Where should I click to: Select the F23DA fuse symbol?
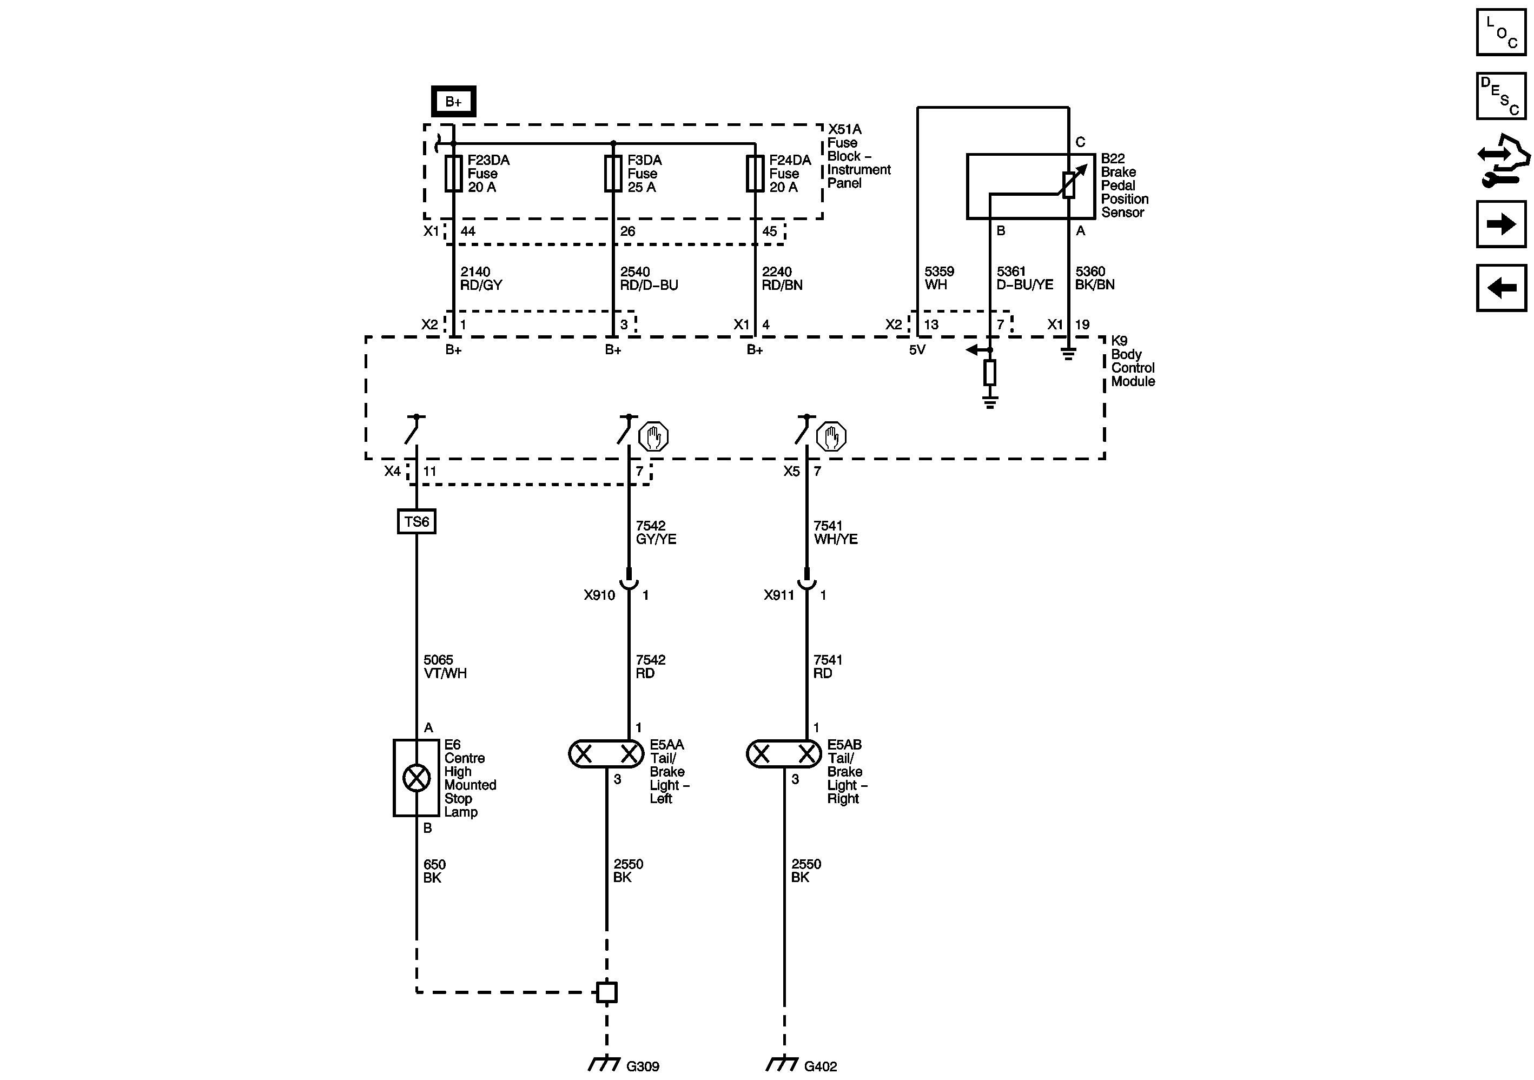click(x=454, y=174)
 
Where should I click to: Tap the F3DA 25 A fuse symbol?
click(x=613, y=174)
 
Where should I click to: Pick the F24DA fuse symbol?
click(x=755, y=174)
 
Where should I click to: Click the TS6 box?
click(x=416, y=521)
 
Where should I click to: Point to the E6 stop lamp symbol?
click(x=416, y=778)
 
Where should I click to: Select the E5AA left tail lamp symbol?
click(x=606, y=754)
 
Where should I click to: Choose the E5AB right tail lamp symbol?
click(x=784, y=754)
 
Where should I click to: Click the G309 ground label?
click(x=643, y=1066)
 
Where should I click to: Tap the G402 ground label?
click(x=821, y=1066)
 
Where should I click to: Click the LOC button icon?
click(x=1501, y=32)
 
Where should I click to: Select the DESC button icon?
click(x=1501, y=96)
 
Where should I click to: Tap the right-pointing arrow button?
click(x=1501, y=224)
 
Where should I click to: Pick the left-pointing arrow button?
click(x=1501, y=288)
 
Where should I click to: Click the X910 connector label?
click(x=599, y=595)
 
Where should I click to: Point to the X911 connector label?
click(x=779, y=595)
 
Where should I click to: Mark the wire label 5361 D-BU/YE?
click(x=1025, y=279)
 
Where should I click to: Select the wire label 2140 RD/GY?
click(x=481, y=279)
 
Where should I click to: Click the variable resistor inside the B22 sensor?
click(x=1069, y=184)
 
